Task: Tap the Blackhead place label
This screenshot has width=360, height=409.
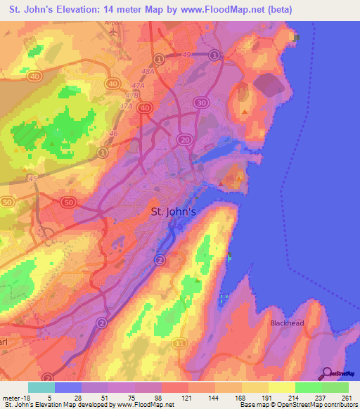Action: coord(288,323)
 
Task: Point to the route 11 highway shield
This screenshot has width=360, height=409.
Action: coord(181,343)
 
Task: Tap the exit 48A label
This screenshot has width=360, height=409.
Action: coord(148,71)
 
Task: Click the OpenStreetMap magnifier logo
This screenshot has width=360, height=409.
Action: coord(327,373)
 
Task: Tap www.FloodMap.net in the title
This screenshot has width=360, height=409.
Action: coord(225,9)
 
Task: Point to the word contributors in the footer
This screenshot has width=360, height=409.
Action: coord(336,405)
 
